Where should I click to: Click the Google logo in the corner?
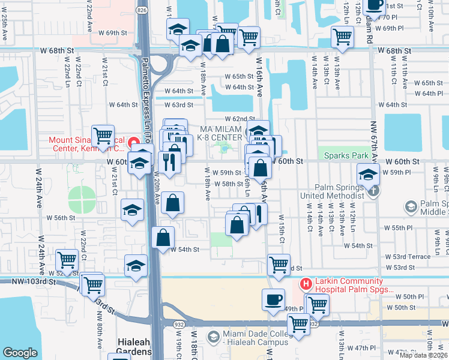(20, 353)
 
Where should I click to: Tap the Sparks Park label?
(345, 155)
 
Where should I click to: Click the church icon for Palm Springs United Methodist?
(373, 191)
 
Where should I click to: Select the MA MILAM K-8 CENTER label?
(221, 134)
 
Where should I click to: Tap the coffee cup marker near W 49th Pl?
(273, 299)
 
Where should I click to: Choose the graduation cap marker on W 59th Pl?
(367, 175)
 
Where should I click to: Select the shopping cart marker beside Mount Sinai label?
(103, 135)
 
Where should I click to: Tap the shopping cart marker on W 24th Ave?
(67, 260)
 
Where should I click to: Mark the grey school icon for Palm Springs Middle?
(411, 208)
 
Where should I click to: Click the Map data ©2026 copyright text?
(423, 355)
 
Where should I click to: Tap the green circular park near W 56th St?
(82, 199)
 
